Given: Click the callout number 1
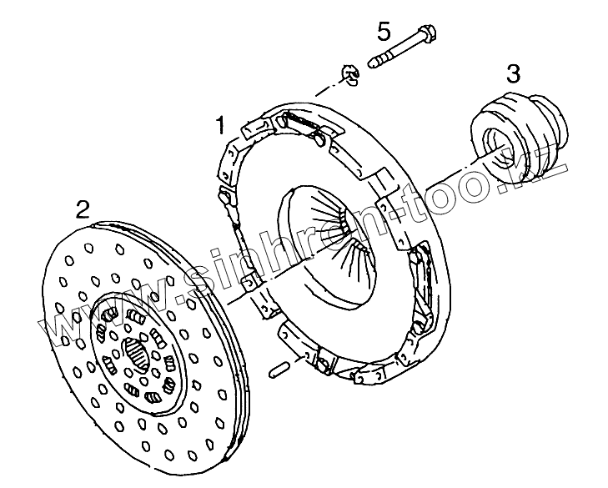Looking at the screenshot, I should pyautogui.click(x=221, y=126).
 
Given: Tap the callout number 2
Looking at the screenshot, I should pyautogui.click(x=83, y=208).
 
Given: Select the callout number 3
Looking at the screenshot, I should pyautogui.click(x=515, y=73).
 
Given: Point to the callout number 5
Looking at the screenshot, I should pyautogui.click(x=383, y=32).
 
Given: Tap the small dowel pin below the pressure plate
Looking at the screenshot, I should pyautogui.click(x=280, y=370).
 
